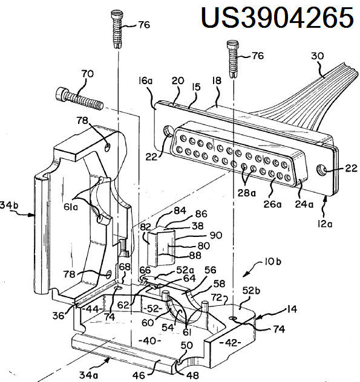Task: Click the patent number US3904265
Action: click(277, 18)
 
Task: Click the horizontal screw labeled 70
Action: click(79, 99)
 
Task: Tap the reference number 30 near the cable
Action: click(317, 56)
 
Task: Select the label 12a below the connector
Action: click(325, 224)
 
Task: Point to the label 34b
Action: click(9, 205)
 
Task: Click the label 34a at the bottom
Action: click(88, 375)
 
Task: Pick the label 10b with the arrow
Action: click(273, 262)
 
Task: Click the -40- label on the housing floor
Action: click(149, 340)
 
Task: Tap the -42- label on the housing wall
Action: click(230, 343)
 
